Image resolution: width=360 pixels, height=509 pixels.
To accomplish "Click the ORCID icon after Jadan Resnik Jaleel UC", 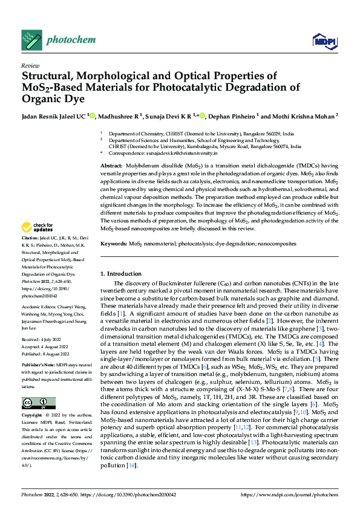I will coord(92,115).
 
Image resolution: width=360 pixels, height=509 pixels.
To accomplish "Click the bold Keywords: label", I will coord(114,243).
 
